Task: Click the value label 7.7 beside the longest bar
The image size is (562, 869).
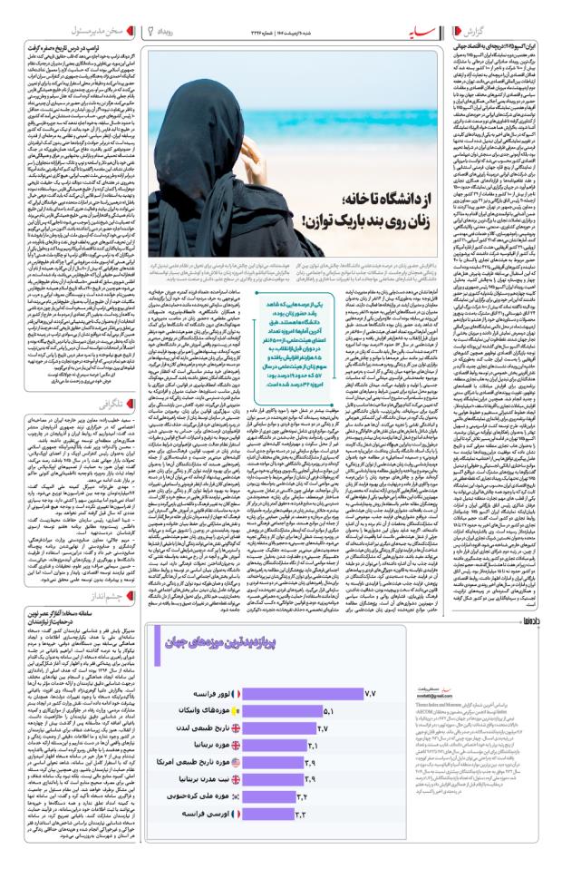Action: point(369,692)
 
